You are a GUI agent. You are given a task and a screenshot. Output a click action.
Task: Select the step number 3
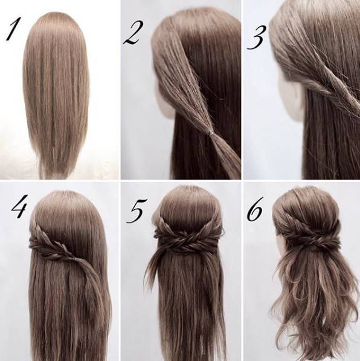click(257, 37)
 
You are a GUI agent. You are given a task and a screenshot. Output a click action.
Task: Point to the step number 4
click(20, 206)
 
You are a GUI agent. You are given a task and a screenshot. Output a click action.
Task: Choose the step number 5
click(137, 210)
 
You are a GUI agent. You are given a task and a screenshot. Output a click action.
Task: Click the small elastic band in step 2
click(210, 133)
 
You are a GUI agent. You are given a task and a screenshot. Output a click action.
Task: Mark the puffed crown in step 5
click(187, 203)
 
